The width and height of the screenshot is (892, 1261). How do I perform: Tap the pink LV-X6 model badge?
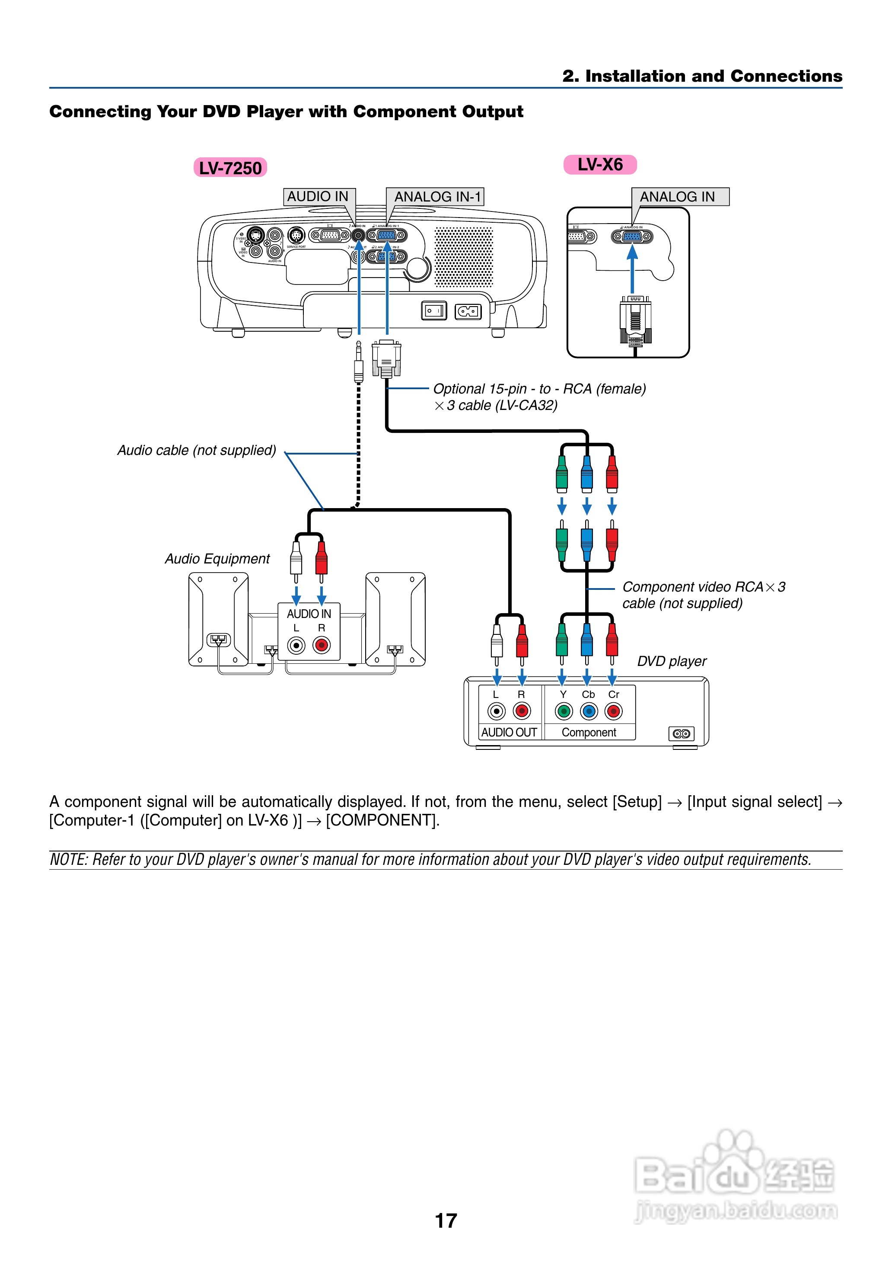600,164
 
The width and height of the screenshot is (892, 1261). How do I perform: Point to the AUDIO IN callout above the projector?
318,196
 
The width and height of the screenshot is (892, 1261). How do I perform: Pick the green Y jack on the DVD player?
563,711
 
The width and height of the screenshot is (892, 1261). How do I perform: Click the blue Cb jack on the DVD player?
588,711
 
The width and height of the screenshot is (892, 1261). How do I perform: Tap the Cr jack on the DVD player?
614,711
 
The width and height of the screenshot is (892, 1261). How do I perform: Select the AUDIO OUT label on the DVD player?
509,733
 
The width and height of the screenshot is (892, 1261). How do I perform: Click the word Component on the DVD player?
589,733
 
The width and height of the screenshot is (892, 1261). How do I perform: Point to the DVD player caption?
672,661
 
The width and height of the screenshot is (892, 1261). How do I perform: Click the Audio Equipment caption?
217,559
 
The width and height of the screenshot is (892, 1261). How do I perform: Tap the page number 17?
446,1220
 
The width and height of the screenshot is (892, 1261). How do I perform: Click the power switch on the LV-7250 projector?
434,311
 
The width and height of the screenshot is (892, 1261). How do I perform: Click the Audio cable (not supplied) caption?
197,451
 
